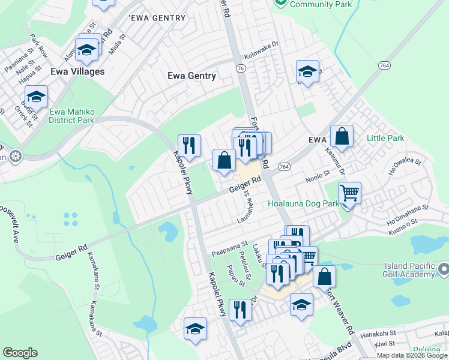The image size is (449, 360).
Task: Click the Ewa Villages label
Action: click(77, 71)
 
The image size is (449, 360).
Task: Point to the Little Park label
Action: click(385, 139)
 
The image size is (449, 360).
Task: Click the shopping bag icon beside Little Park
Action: click(342, 136)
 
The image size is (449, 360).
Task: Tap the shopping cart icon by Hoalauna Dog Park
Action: click(349, 193)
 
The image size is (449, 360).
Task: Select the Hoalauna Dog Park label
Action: click(303, 203)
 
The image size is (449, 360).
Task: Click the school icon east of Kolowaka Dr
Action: click(307, 72)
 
